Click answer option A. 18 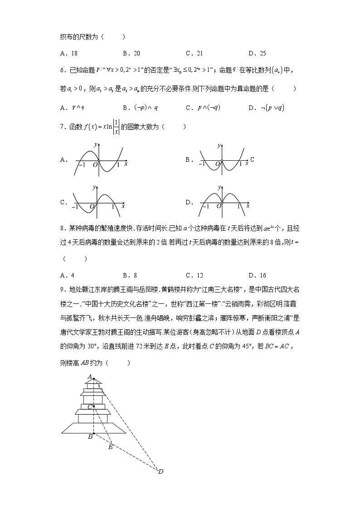point(68,53)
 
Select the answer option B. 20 point(131,53)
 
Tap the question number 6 point(62,70)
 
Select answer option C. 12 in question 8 point(195,275)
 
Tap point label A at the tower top point(90,376)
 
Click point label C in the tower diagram point(90,406)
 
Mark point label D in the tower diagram point(161,471)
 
